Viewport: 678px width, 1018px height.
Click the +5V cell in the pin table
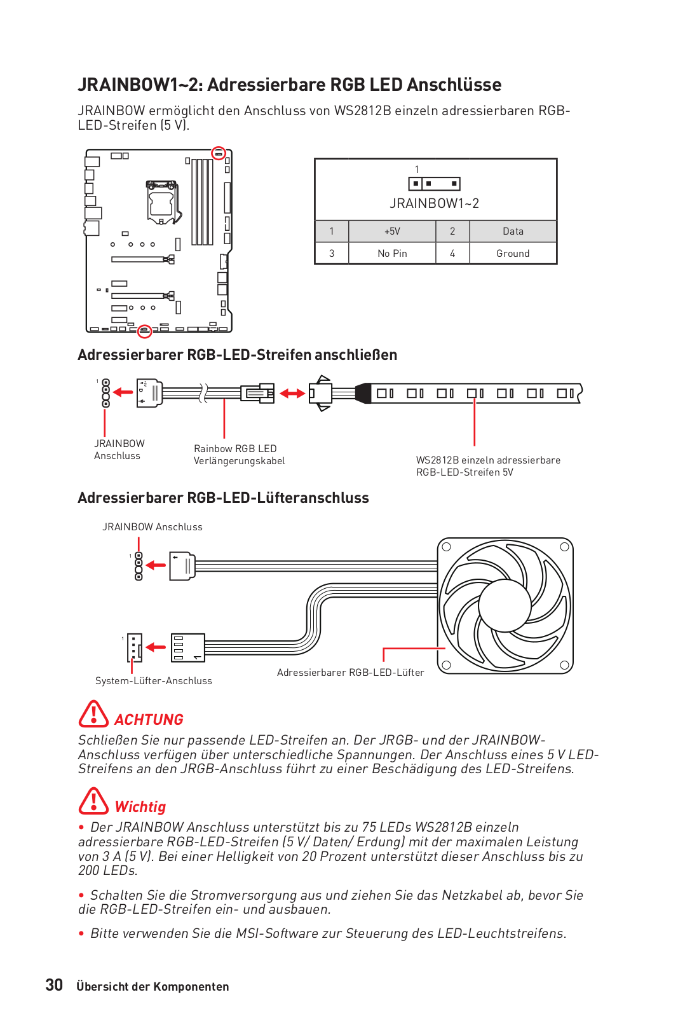(392, 231)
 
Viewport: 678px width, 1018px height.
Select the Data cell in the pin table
(513, 231)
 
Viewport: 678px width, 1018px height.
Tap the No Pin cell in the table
(392, 253)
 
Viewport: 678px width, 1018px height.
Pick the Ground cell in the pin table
(513, 253)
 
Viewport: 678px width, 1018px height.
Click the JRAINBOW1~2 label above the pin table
(434, 203)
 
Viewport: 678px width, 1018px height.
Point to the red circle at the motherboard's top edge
(219, 153)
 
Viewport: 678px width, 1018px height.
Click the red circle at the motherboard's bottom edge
(145, 331)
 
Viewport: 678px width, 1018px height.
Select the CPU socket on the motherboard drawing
(161, 202)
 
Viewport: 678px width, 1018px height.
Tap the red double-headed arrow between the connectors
(292, 394)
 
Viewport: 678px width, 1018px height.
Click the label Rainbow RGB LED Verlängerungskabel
(239, 455)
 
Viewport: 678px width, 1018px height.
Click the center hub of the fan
(505, 605)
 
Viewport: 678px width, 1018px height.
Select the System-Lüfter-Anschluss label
(154, 681)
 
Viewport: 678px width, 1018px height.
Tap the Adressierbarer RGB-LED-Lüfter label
(350, 673)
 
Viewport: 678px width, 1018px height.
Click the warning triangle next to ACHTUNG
(93, 714)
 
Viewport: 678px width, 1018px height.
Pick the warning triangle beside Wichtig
(93, 801)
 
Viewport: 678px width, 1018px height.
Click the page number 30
(54, 985)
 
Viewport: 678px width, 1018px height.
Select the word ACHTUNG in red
(149, 720)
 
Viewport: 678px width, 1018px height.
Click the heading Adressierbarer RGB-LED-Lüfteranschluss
(223, 498)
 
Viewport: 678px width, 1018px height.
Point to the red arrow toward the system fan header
(156, 647)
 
